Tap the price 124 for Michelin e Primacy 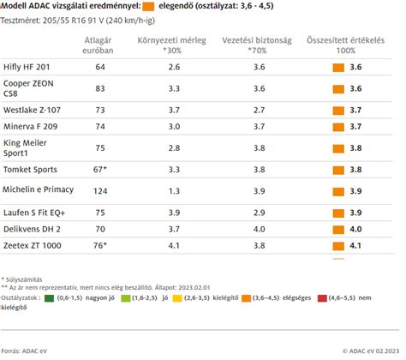[x=100, y=190]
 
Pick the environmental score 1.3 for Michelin [x=174, y=190]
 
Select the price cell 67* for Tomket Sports [x=100, y=170]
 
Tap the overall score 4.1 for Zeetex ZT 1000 [x=355, y=245]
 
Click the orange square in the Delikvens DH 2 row [x=338, y=229]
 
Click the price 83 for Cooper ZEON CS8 [x=100, y=87]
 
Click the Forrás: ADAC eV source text [x=25, y=350]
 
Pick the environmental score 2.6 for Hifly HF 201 [x=174, y=66]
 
